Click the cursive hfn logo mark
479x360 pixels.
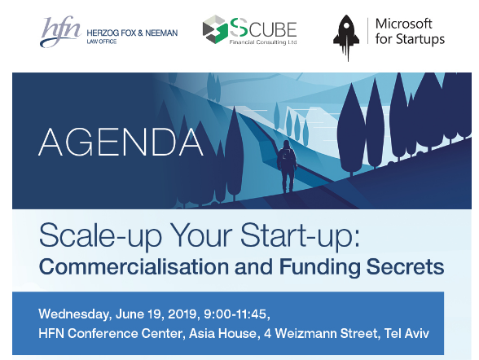click(x=60, y=32)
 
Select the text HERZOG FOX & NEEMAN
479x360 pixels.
click(x=132, y=33)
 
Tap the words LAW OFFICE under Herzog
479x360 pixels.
click(x=101, y=42)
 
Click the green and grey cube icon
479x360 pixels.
click(x=215, y=29)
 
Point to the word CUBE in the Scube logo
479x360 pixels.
click(x=273, y=29)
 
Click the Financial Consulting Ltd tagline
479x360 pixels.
click(x=263, y=42)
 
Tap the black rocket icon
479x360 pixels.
click(x=347, y=37)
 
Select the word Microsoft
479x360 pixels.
click(x=403, y=24)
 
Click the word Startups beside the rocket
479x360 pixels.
click(x=420, y=40)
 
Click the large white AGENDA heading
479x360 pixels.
click(x=121, y=143)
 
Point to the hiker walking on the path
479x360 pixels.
click(x=287, y=166)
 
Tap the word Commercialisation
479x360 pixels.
click(x=134, y=266)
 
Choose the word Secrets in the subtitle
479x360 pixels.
click(x=405, y=266)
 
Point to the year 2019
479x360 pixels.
click(x=182, y=314)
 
